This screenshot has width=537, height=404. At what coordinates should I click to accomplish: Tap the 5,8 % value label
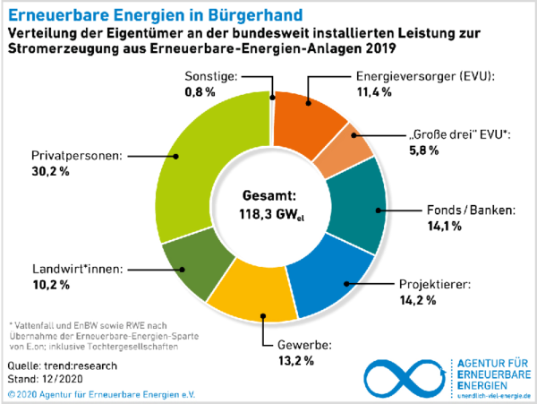[x=423, y=150]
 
